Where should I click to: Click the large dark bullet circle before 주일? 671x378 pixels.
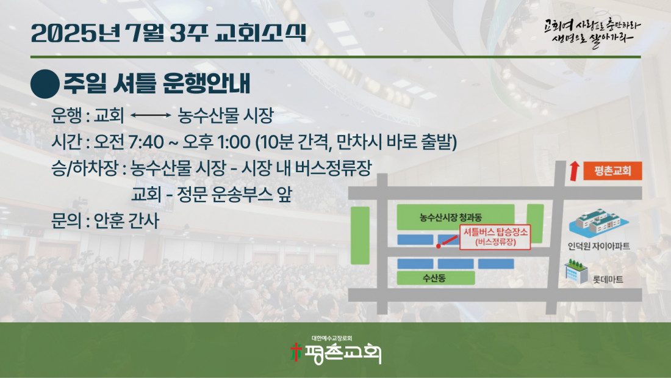45,84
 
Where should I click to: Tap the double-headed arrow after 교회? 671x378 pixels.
151,115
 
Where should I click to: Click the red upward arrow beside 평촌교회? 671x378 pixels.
574,171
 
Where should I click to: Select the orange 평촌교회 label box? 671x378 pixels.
612,171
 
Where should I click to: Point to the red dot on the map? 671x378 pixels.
438,246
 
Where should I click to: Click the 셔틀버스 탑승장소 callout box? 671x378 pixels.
495,236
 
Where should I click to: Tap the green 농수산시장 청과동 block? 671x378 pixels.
455,217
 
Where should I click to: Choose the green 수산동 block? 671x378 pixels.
436,278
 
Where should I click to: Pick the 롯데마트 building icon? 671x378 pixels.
576,271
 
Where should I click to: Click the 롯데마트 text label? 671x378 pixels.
608,280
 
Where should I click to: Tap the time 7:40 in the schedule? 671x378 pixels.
146,142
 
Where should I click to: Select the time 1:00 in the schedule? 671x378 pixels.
234,142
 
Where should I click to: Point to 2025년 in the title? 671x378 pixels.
75,32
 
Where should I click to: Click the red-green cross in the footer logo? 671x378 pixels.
295,352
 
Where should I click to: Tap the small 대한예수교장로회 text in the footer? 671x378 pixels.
332,338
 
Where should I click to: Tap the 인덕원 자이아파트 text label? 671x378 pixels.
598,246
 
